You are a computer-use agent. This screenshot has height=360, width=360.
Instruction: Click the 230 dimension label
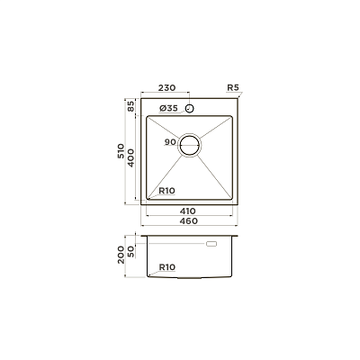(x=166, y=88)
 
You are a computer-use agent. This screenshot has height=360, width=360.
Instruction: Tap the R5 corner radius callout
(x=233, y=88)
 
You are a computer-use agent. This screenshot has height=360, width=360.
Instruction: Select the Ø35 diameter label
(x=169, y=108)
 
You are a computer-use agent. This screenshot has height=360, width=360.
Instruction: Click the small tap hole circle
(x=189, y=108)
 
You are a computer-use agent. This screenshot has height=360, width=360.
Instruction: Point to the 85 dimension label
(x=131, y=106)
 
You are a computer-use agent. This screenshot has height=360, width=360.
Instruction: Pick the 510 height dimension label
(x=121, y=151)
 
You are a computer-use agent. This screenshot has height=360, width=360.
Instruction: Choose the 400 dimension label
(x=130, y=158)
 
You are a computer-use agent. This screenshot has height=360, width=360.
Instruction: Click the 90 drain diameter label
(x=170, y=142)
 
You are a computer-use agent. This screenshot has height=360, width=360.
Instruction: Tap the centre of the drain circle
(x=189, y=145)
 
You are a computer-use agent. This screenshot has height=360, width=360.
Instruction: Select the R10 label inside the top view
(x=166, y=191)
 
